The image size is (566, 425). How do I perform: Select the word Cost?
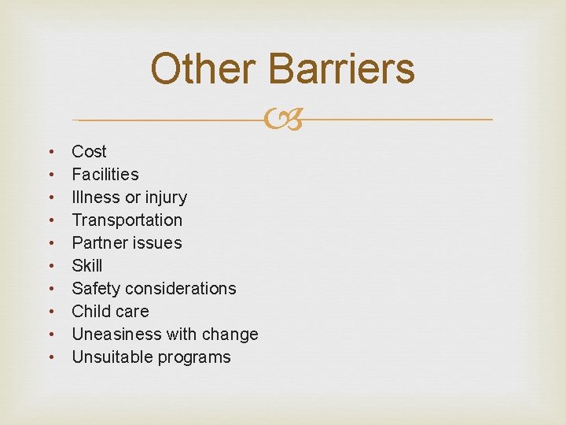point(89,151)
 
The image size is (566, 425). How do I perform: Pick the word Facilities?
point(105,174)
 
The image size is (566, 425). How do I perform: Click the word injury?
point(164,197)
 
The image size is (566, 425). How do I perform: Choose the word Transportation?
point(127,220)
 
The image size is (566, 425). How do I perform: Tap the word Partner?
point(100,242)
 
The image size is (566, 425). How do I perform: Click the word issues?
point(157,242)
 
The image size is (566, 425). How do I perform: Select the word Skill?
point(87,265)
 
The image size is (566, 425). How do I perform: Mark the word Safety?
point(96,288)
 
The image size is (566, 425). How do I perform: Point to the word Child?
point(90,311)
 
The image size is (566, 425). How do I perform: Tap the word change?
point(230,334)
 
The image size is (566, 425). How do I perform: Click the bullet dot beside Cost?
point(51,151)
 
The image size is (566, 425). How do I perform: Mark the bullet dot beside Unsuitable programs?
point(51,357)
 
